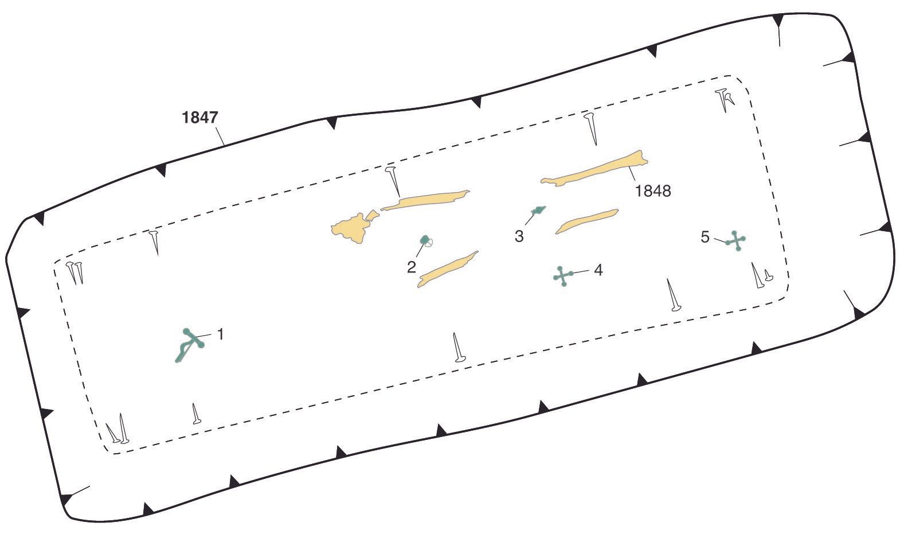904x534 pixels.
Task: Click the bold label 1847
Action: tap(199, 118)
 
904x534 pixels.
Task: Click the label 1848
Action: tap(653, 191)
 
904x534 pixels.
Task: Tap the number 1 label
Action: tap(220, 334)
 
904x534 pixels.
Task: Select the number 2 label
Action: tap(411, 267)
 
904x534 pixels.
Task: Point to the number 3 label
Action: tap(519, 236)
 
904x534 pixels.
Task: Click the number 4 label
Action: tap(598, 270)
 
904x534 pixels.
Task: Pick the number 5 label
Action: tap(705, 237)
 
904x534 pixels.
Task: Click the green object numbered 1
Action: tap(189, 345)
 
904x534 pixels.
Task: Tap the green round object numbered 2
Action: tap(425, 240)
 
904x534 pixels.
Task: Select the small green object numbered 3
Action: tap(539, 211)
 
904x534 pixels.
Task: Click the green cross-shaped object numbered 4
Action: tap(563, 276)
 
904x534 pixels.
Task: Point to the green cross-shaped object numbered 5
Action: tap(735, 241)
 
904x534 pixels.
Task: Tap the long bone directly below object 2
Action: tap(447, 269)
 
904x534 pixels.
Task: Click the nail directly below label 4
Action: tap(672, 295)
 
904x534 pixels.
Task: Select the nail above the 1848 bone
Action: tap(591, 128)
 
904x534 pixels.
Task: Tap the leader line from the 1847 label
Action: tap(220, 137)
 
